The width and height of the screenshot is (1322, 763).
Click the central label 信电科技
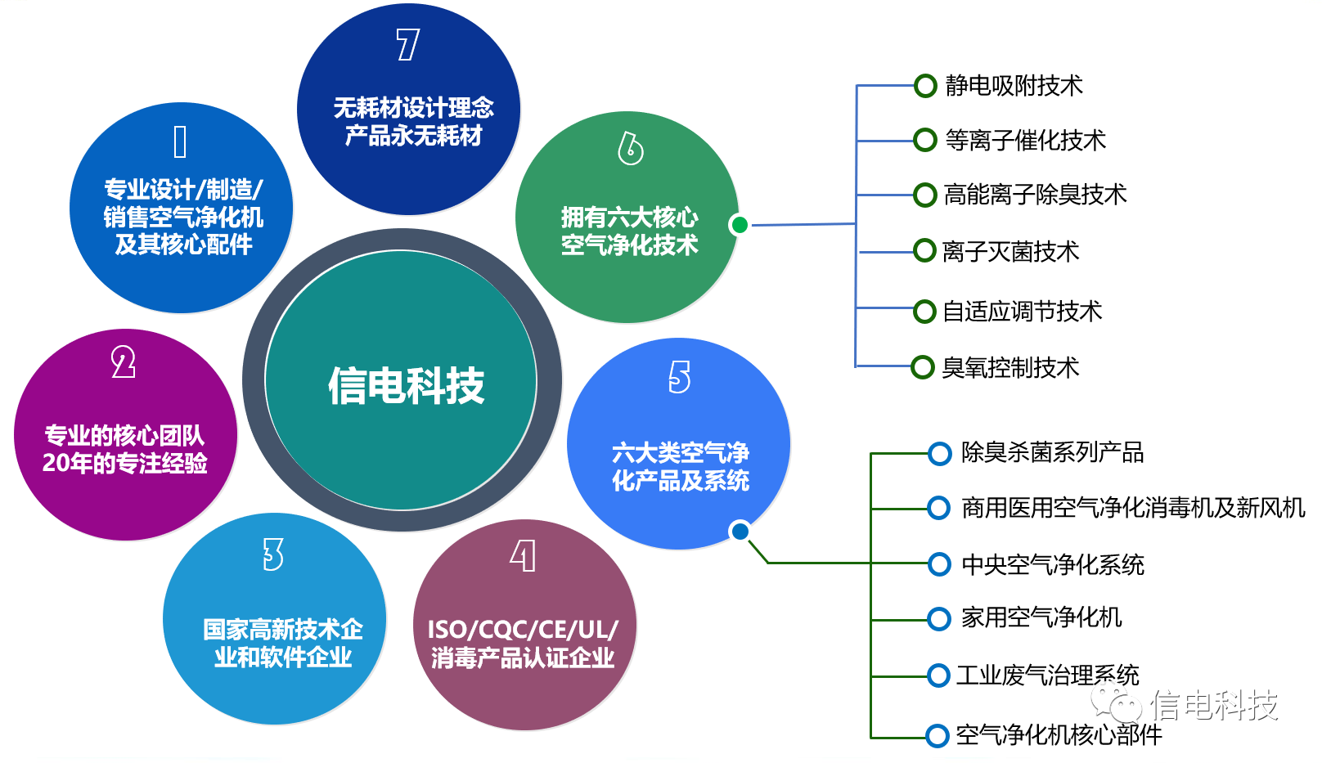coord(406,385)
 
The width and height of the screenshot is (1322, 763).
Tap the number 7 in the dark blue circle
coord(407,44)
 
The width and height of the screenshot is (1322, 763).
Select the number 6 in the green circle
coord(630,148)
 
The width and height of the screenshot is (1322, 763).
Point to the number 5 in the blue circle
coord(679,377)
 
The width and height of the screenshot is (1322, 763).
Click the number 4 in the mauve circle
coord(523,556)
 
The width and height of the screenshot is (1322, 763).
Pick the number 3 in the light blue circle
coord(273,554)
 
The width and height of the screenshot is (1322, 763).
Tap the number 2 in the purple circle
coord(124,362)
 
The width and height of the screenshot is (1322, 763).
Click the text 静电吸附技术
coord(1014,85)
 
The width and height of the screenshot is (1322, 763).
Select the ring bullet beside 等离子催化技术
coord(924,140)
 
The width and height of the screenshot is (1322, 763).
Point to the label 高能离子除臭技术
coord(1035,195)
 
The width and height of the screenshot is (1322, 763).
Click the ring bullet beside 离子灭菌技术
coord(924,250)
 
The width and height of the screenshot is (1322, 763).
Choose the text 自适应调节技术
coord(1022,311)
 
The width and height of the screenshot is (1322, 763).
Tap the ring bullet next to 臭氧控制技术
coord(923,367)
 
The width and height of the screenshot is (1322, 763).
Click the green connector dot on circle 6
coord(740,224)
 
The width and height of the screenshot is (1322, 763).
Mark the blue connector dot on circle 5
coord(740,532)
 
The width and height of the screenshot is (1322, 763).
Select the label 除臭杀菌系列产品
coord(1052,452)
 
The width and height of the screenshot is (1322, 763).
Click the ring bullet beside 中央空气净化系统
coord(939,563)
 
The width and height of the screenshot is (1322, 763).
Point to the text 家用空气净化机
coord(1041,617)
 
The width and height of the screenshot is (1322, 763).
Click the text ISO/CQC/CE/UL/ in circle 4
coord(523,629)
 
